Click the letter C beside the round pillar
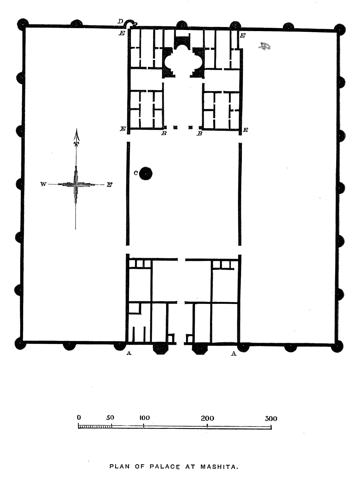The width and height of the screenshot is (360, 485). coord(136,173)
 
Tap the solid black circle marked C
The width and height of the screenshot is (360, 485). coord(145,173)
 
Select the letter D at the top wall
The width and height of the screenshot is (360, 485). coord(120,21)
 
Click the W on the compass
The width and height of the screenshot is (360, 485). coord(43,184)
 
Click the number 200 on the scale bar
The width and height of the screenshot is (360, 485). coord(207,418)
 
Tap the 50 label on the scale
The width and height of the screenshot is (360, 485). coord(110,418)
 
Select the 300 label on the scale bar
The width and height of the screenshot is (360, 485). coord(271,418)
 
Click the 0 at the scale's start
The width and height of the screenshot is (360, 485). coord(79,417)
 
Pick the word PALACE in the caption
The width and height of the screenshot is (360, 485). coord(165,466)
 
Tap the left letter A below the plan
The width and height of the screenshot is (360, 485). coord(129,353)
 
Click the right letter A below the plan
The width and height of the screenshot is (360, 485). coord(234,353)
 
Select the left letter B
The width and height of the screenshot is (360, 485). coord(164,133)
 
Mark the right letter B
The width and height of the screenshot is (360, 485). coord(200,134)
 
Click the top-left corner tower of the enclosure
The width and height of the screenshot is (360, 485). coord(23,25)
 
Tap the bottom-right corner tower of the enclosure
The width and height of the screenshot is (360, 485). coord(337,346)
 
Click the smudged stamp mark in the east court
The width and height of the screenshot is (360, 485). coord(264,47)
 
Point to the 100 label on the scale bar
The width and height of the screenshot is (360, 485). coord(145,418)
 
